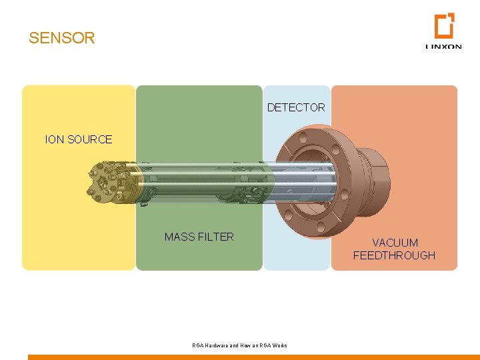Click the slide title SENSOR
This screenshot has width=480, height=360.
coord(62,38)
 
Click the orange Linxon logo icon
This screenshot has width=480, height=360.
coord(444,26)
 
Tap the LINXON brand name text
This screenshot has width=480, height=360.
coord(443,47)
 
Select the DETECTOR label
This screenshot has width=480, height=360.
coord(296,107)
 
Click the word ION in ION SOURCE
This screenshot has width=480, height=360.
coord(53,139)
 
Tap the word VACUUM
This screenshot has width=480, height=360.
coord(395,243)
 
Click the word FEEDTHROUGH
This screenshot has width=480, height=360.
coord(394,255)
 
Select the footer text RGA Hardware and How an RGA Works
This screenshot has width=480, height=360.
coord(239,345)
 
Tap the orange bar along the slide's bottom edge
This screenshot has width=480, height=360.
coord(253,357)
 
